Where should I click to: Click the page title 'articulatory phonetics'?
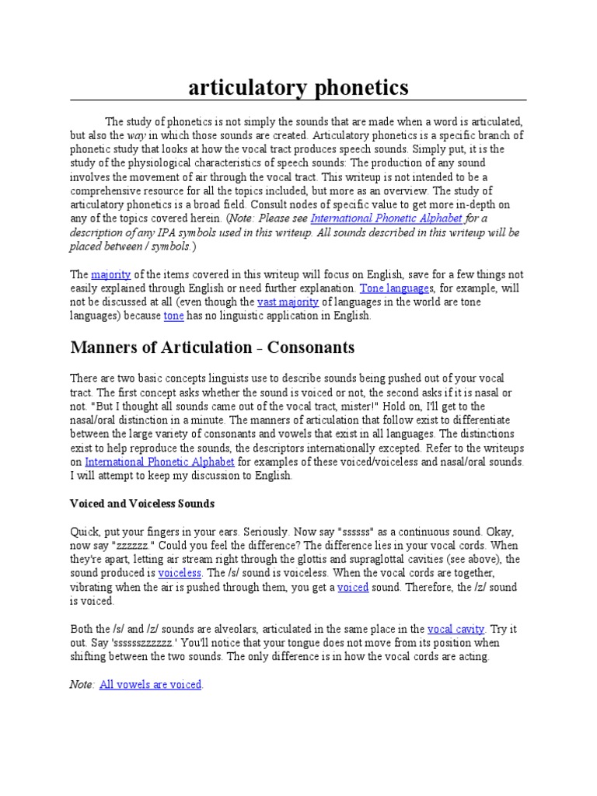point(298,88)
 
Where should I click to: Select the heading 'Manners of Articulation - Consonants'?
point(212,346)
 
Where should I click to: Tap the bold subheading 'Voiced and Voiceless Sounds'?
point(142,503)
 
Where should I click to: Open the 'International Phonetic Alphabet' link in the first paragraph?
point(386,218)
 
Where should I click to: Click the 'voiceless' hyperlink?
point(180,573)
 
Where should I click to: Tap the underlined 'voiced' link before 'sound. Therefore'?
point(353,587)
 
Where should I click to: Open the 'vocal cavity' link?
point(456,629)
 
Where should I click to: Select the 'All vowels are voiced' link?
point(150,685)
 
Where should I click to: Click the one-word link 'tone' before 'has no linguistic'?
point(173,316)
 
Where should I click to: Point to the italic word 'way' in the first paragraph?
point(137,135)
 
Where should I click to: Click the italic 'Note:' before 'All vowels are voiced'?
point(82,685)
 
